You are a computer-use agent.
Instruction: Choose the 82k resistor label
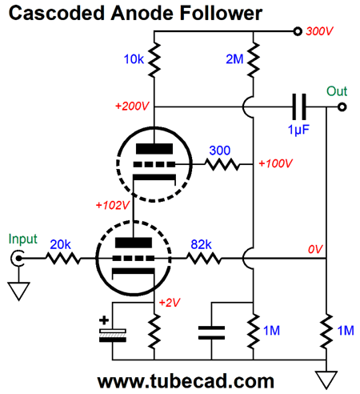point(202,243)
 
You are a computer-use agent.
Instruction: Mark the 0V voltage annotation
point(313,250)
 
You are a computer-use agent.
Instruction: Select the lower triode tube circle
point(134,258)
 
